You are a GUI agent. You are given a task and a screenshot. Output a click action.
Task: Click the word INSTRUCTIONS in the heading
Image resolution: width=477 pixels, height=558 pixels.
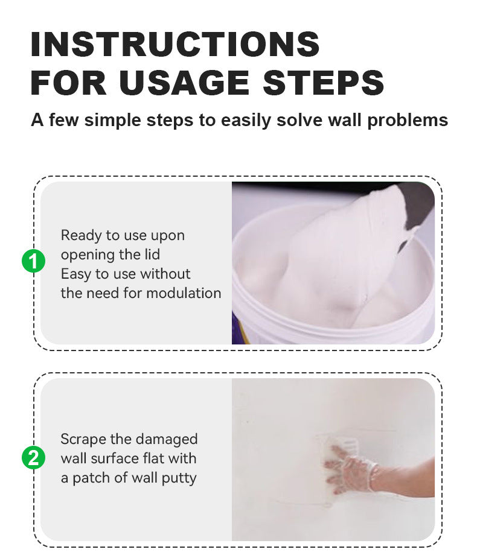click(175, 44)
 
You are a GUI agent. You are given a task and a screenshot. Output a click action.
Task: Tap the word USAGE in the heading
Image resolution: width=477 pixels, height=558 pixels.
click(184, 83)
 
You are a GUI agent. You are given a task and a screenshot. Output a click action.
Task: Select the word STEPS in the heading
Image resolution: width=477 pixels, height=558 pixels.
click(323, 83)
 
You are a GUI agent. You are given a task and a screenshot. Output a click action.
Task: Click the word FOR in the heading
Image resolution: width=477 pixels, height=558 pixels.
click(68, 83)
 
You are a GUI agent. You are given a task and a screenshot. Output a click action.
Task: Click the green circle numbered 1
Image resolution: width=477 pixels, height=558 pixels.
click(33, 261)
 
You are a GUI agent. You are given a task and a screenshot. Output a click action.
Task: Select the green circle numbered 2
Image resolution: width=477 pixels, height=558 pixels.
click(33, 458)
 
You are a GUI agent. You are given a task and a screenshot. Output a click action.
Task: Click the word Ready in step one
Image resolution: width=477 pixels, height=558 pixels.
click(82, 236)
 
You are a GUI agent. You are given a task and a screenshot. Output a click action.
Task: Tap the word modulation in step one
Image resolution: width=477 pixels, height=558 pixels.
click(184, 293)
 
